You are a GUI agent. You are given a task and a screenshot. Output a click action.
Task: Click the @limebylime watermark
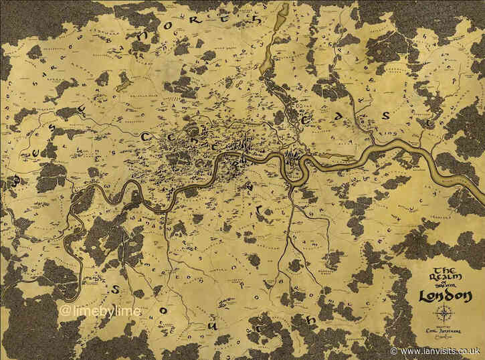[92, 312]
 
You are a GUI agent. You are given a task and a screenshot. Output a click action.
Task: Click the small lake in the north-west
[123, 83]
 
